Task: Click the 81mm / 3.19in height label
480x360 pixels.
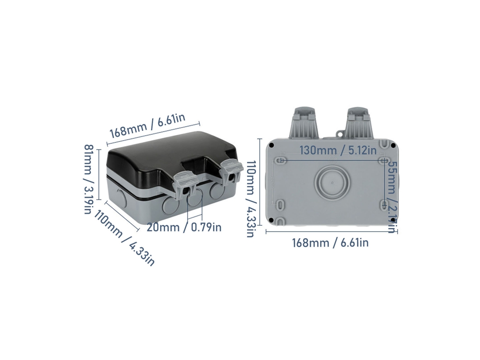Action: pos(88,179)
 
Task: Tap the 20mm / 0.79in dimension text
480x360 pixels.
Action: pos(184,227)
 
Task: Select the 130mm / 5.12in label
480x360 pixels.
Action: pos(338,150)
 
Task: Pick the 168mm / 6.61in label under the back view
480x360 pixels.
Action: pos(330,243)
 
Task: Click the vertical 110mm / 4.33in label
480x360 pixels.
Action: pos(250,199)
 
